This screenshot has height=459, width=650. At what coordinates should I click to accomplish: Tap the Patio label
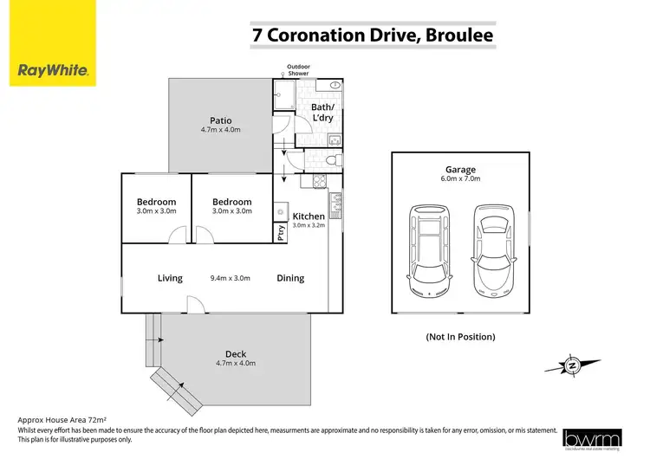(220, 120)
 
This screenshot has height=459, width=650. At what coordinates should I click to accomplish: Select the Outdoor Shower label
(297, 70)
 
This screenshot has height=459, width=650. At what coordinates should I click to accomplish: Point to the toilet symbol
(331, 161)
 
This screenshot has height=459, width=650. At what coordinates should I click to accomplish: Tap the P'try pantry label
(281, 232)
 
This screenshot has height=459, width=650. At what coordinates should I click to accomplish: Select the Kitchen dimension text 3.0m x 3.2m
(308, 226)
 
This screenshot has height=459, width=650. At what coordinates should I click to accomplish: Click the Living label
(170, 278)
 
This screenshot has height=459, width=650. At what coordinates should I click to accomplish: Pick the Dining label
(290, 278)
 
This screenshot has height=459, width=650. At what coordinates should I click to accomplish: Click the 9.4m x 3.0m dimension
(230, 278)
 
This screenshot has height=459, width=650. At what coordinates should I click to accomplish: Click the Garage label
(460, 171)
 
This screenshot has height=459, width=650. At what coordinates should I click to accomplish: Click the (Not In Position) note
(460, 336)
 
